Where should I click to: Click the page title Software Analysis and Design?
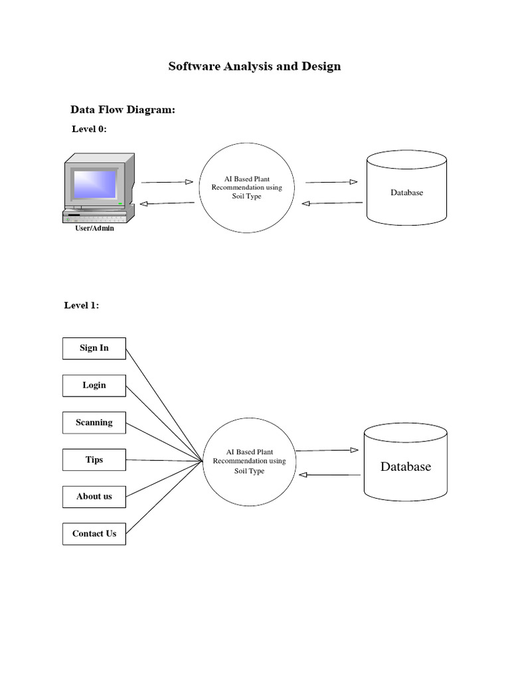click(x=254, y=66)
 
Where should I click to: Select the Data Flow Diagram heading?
click(x=123, y=110)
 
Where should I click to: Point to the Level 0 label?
click(x=89, y=129)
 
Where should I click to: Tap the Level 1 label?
click(x=82, y=305)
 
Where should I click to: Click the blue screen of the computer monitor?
click(x=94, y=184)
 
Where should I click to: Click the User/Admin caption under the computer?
click(x=94, y=228)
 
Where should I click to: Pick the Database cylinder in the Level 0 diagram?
click(x=406, y=193)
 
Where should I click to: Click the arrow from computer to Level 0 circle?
click(x=167, y=181)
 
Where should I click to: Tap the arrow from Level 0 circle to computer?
click(x=167, y=204)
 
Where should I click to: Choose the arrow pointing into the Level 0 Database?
click(x=331, y=181)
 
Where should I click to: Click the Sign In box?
click(x=94, y=348)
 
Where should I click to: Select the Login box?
click(x=94, y=385)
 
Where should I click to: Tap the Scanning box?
click(x=94, y=422)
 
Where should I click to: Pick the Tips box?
click(x=94, y=460)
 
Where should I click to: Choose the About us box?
click(x=94, y=496)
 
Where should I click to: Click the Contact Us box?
click(x=94, y=533)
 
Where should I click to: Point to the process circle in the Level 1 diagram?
click(x=249, y=462)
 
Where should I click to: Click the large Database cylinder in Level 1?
click(x=406, y=466)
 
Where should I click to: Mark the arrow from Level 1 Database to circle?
click(x=330, y=475)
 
